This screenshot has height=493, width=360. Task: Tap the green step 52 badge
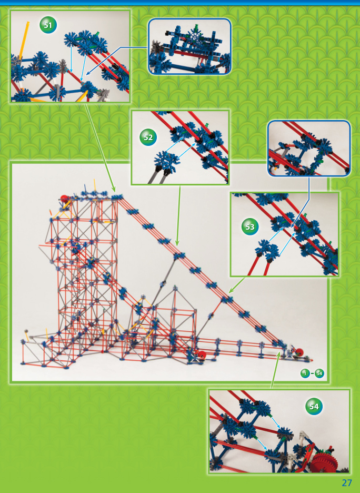click(x=148, y=137)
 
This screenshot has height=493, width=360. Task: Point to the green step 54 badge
click(x=314, y=407)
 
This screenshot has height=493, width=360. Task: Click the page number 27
click(x=346, y=482)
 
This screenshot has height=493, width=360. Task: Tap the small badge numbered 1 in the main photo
click(x=305, y=373)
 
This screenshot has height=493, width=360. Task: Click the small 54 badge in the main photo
click(x=319, y=373)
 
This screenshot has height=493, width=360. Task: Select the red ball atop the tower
click(x=65, y=200)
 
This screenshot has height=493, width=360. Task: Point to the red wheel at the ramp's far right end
click(x=298, y=352)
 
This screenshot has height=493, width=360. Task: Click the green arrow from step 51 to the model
click(x=101, y=147)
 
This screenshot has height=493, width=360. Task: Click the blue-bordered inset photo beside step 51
click(x=189, y=46)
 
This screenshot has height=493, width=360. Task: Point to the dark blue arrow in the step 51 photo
click(x=100, y=61)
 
